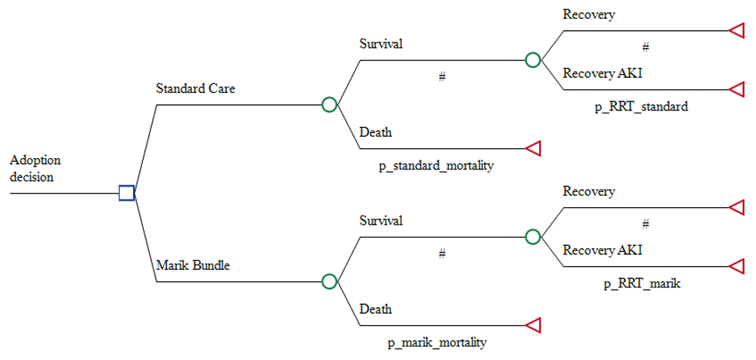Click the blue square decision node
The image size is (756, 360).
point(127,193)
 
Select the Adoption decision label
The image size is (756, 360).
point(36,169)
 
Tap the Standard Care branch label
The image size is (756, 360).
point(195,88)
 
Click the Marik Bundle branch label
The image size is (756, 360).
point(193,265)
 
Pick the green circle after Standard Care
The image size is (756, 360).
point(329,104)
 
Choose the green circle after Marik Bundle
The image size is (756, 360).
point(329,281)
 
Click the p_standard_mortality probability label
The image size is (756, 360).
point(436,164)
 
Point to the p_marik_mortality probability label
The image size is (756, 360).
point(436,342)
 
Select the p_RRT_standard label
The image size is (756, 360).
point(641,107)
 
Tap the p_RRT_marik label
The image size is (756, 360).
point(641,284)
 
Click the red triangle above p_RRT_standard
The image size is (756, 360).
point(737,89)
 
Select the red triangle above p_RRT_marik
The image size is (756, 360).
point(737,266)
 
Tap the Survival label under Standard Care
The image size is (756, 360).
point(381,44)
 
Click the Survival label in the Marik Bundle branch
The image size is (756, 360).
point(381,221)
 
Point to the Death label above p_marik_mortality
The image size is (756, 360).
point(375,309)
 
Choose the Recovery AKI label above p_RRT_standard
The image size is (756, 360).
point(603,73)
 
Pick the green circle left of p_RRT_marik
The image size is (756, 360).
point(533,237)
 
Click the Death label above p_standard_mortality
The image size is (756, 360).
point(375,132)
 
